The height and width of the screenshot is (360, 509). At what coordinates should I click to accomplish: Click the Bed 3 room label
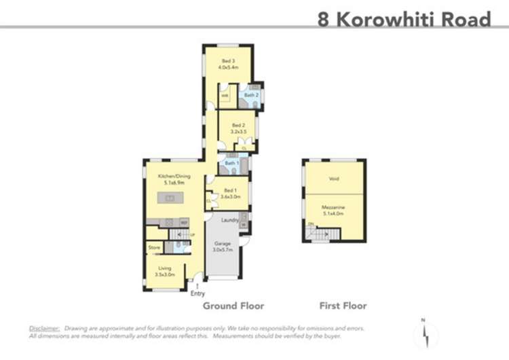point(227,65)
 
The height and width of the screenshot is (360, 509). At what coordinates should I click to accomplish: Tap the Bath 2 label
point(252,95)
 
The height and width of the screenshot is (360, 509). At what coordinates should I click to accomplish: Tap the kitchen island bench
point(170,198)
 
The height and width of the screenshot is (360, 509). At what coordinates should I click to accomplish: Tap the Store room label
point(154,248)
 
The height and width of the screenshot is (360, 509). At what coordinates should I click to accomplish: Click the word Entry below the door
point(197,293)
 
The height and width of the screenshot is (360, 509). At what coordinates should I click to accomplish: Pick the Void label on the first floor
point(334,179)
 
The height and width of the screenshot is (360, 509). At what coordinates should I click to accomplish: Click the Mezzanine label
point(334,208)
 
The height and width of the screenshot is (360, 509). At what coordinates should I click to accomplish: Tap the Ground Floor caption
point(233,306)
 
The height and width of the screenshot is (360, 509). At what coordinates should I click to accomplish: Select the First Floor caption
point(343,306)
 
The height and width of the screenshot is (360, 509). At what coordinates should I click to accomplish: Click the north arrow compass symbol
point(426,332)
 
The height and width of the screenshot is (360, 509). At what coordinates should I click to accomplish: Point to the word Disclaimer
point(44,328)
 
